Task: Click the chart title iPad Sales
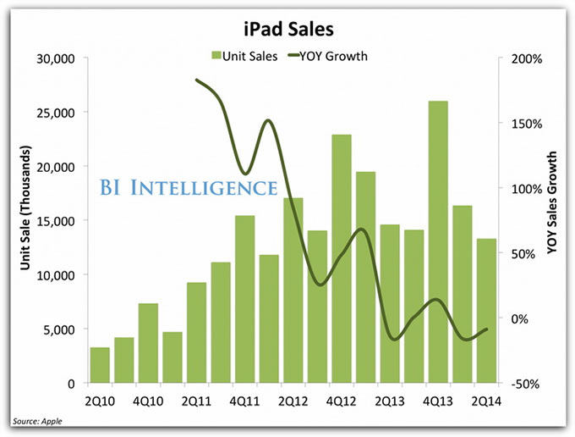[x=287, y=30]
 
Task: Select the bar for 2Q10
[x=100, y=365]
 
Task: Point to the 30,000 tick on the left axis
[x=57, y=58]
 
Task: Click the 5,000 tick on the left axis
[x=61, y=329]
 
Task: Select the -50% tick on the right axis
[x=524, y=384]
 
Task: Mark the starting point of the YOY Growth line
[x=196, y=80]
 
